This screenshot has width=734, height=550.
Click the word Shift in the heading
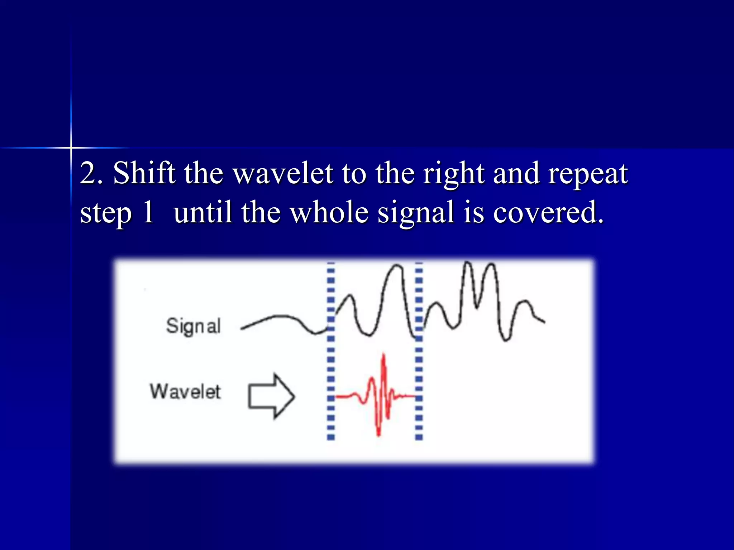click(144, 173)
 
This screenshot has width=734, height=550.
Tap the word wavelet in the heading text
click(283, 174)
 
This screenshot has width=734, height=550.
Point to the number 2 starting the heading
click(88, 174)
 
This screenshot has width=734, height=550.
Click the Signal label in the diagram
click(193, 326)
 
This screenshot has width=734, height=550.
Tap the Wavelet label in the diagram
click(185, 391)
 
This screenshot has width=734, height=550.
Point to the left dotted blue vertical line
click(331, 351)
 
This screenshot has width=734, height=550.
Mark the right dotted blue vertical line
click(419, 351)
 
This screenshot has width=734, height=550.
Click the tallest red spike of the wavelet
click(384, 358)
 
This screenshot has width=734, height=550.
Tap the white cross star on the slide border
click(71, 148)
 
